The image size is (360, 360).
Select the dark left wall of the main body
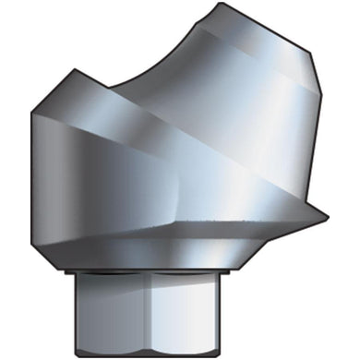[46, 175]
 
